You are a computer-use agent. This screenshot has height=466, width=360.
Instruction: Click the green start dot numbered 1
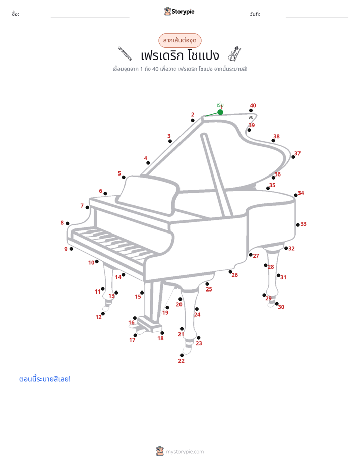(x=220, y=112)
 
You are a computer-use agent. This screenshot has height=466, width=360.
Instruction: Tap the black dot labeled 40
(x=251, y=111)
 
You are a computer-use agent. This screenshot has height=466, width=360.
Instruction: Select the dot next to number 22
(x=182, y=355)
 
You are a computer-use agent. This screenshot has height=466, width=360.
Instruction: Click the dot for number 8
(x=68, y=223)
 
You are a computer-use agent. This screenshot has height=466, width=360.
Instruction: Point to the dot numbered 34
(x=296, y=195)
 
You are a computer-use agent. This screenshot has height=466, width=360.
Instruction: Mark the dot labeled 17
(x=135, y=335)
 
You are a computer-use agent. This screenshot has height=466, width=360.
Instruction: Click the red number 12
(x=99, y=317)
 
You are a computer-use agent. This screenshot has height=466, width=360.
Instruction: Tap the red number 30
(x=281, y=307)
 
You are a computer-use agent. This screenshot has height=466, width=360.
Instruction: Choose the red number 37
(x=297, y=153)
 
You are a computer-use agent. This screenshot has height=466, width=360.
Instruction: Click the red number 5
(x=119, y=173)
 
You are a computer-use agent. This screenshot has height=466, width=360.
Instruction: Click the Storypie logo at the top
(x=179, y=11)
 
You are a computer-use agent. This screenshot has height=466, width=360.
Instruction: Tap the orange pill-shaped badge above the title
(x=179, y=40)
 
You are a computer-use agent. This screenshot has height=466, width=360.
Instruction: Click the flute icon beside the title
(x=125, y=53)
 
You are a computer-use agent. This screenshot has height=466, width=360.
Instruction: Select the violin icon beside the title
(x=234, y=54)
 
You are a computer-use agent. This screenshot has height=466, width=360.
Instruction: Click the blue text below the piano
(x=45, y=379)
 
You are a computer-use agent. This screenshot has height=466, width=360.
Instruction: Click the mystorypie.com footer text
(x=185, y=452)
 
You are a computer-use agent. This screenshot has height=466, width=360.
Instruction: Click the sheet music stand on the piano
(x=148, y=195)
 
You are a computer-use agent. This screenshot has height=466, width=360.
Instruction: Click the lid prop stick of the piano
(x=216, y=176)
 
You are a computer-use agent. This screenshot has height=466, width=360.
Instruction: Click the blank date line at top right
(x=317, y=17)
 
